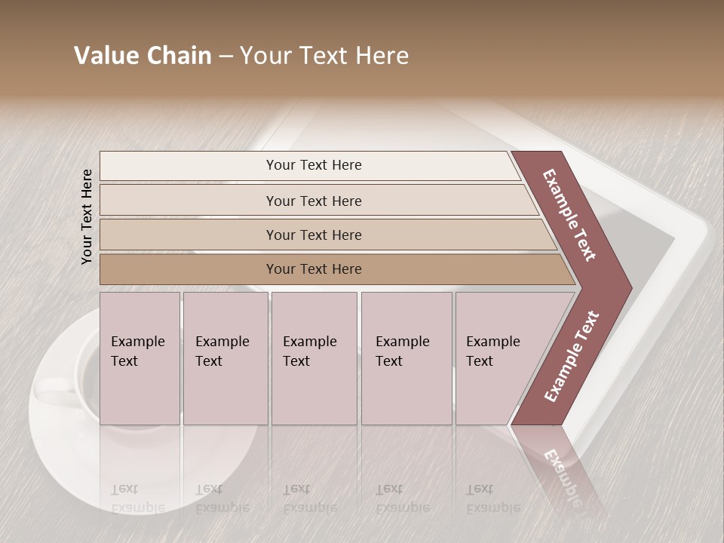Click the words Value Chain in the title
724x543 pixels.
(143, 56)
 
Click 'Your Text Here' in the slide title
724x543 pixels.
(324, 56)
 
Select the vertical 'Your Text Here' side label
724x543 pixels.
(87, 217)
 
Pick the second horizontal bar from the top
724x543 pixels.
(314, 201)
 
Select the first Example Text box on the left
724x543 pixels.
(140, 358)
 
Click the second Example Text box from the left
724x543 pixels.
(225, 358)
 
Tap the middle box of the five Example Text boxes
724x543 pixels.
(314, 358)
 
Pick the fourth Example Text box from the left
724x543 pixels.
(406, 358)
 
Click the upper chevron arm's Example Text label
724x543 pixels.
(569, 215)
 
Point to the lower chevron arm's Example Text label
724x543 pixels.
(572, 356)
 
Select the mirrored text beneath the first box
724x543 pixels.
(137, 498)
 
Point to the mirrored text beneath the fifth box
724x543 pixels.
(492, 498)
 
